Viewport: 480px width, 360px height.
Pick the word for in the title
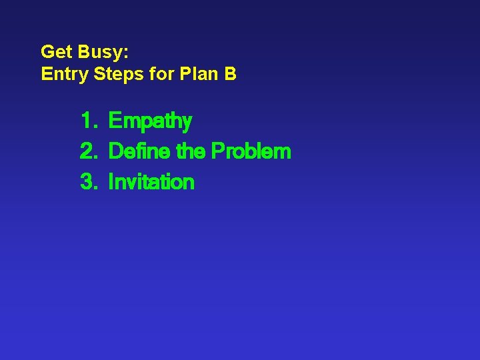point(162,74)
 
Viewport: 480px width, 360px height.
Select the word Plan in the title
point(199,74)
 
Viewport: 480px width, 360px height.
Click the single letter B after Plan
point(230,74)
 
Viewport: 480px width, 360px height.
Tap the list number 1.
point(87,121)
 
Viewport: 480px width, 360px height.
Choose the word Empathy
point(150,122)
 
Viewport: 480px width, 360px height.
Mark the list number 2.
point(88,151)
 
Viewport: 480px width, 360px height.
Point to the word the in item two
point(191,151)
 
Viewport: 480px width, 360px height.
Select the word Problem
point(251,151)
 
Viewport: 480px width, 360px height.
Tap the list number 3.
point(88,182)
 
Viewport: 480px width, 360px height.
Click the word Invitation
point(151,182)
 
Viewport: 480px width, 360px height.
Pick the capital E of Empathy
point(115,121)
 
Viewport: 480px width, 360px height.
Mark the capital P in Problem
point(217,151)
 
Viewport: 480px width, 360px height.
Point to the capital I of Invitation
point(111,182)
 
